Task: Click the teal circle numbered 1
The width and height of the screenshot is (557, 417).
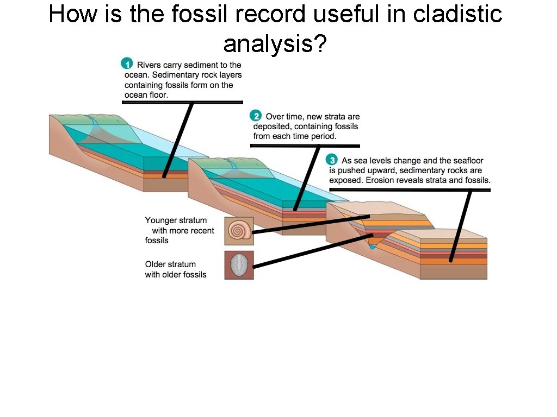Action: [x=126, y=64]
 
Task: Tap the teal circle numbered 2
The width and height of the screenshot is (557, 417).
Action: [x=256, y=116]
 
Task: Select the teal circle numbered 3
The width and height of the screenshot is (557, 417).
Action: [x=332, y=160]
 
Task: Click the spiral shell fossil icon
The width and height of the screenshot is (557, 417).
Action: [x=239, y=232]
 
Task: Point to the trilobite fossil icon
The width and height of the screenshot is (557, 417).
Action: [x=239, y=266]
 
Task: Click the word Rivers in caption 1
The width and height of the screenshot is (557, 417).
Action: [x=148, y=65]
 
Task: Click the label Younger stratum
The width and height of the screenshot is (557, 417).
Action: [x=176, y=220]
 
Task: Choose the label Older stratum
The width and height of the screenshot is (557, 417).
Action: [x=170, y=264]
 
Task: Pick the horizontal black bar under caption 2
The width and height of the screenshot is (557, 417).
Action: [x=305, y=146]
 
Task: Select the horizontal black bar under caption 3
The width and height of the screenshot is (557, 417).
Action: [x=410, y=189]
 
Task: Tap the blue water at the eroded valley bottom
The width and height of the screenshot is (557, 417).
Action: [x=372, y=247]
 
